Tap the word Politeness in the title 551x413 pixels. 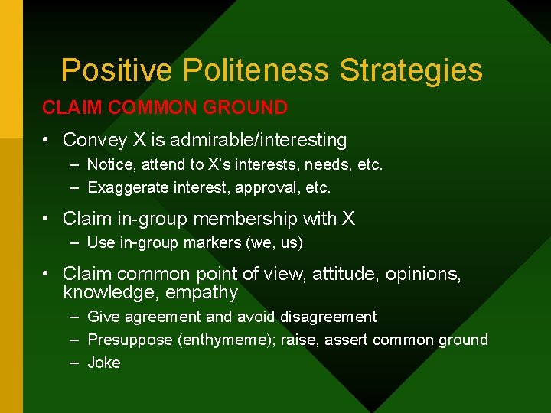256,70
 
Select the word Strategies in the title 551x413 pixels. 411,70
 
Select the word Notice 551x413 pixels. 109,164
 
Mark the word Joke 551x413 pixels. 104,363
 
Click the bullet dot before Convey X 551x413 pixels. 47,141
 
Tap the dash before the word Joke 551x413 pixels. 74,363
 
